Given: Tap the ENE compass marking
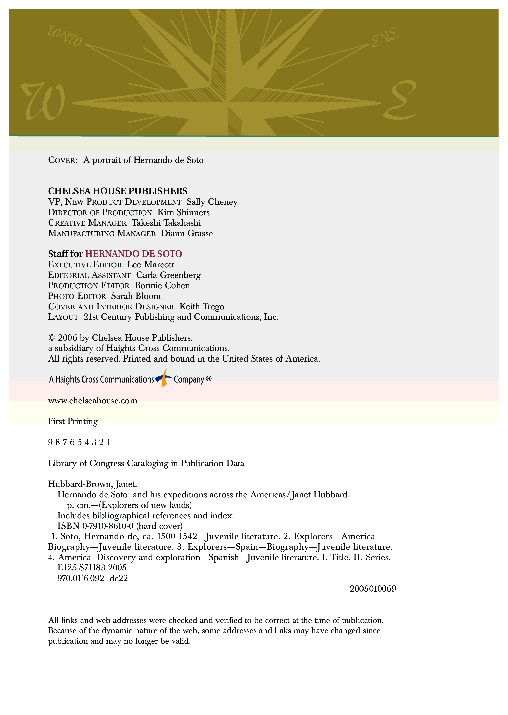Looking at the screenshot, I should pos(384,37).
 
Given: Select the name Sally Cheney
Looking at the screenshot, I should pos(212,202).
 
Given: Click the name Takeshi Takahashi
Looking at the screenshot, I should pos(166,223).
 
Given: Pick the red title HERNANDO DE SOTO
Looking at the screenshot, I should pos(133,254).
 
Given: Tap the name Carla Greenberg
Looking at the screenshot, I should pos(168,275).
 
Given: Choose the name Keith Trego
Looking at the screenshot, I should pos(202,307).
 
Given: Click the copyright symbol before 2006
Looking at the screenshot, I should pos(52,338).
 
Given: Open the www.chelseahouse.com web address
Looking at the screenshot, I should pos(93,401).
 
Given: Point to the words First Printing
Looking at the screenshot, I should pos(73,422).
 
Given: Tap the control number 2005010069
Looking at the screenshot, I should pos(373,589).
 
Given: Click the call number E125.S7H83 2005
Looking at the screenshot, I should pos(92,568).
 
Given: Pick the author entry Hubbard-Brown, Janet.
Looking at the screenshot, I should pos(93,484).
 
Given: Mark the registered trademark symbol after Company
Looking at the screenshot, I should pos(209,379).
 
